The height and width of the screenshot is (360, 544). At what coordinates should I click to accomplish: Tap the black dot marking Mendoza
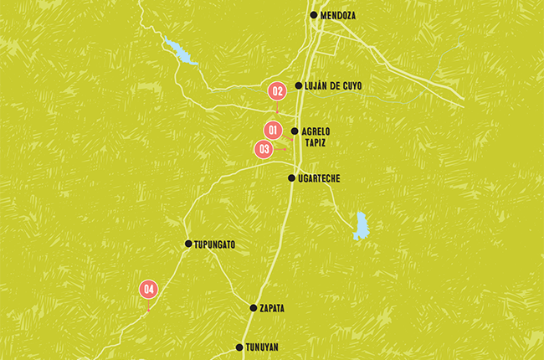(x=314, y=15)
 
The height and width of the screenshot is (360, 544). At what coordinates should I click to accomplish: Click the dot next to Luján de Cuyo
(x=299, y=85)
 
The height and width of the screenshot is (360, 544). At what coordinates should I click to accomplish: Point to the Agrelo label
(x=316, y=131)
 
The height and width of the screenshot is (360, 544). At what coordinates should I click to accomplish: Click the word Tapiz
(x=316, y=144)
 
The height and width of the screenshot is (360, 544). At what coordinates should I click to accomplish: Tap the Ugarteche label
(x=319, y=178)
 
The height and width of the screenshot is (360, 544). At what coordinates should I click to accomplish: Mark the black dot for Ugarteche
(x=291, y=178)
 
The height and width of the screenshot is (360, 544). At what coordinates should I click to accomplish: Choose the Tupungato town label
(x=214, y=244)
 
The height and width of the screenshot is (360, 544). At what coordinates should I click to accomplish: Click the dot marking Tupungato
(x=188, y=244)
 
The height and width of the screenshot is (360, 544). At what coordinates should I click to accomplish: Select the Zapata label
(x=272, y=308)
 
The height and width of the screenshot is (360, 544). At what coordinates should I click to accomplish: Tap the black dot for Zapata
(x=254, y=308)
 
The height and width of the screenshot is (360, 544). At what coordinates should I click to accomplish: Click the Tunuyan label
(x=262, y=347)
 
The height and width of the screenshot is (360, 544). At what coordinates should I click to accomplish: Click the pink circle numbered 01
(x=273, y=131)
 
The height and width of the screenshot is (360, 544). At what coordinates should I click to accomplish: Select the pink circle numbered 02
(x=277, y=90)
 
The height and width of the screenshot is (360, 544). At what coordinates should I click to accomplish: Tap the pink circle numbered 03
(x=264, y=149)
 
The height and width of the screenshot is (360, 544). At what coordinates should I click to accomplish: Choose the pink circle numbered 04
(x=149, y=289)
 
